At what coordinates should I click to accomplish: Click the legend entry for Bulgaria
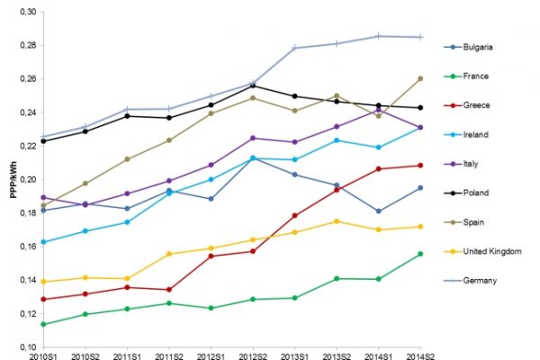pos(482,47)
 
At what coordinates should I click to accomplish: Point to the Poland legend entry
pos(481,193)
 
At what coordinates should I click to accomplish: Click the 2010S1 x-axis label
pos(43,357)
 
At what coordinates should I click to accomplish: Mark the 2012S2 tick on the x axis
pos(253,357)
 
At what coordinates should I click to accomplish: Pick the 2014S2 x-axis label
pos(420,357)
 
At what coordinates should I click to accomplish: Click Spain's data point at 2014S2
pos(420,78)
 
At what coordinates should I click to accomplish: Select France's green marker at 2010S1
pos(43,324)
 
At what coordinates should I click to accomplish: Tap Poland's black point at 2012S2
pos(253,85)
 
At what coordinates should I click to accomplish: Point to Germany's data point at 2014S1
pos(378,36)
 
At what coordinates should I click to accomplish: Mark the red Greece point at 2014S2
pos(420,165)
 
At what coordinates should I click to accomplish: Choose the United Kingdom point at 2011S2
pos(169,254)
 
